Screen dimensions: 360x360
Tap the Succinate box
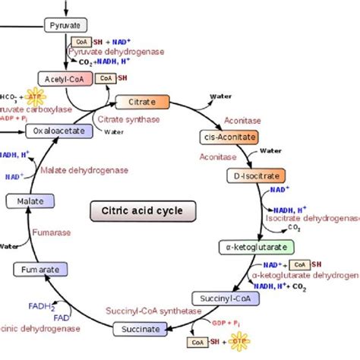(x=140, y=329)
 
